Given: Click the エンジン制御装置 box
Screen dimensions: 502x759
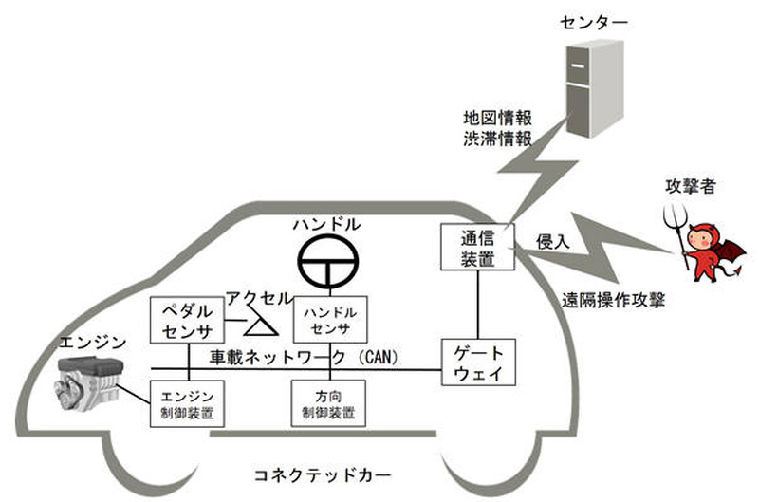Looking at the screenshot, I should pos(186,403).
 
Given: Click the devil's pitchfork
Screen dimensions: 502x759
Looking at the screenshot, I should pos(677,228).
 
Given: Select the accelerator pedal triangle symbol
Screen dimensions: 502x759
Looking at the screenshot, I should pos(258,326).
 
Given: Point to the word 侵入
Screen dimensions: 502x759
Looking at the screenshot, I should pos(553,239).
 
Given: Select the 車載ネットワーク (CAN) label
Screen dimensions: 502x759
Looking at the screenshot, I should pos(304,357).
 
